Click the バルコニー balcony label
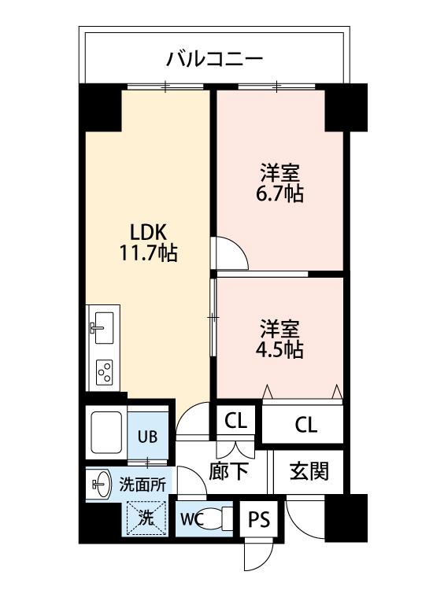click(214, 59)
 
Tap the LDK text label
click(148, 233)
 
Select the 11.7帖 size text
click(148, 253)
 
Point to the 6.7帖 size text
click(279, 194)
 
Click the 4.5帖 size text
click(279, 349)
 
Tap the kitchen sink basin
click(104, 327)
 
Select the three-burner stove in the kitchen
click(104, 372)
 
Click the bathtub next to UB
click(106, 432)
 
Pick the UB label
click(147, 437)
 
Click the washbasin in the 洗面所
click(101, 484)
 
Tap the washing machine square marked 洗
click(146, 518)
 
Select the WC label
click(192, 519)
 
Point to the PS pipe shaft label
click(259, 520)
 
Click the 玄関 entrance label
click(309, 470)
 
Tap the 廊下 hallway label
click(228, 470)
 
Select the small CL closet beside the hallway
click(235, 421)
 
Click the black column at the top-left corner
click(100, 108)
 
